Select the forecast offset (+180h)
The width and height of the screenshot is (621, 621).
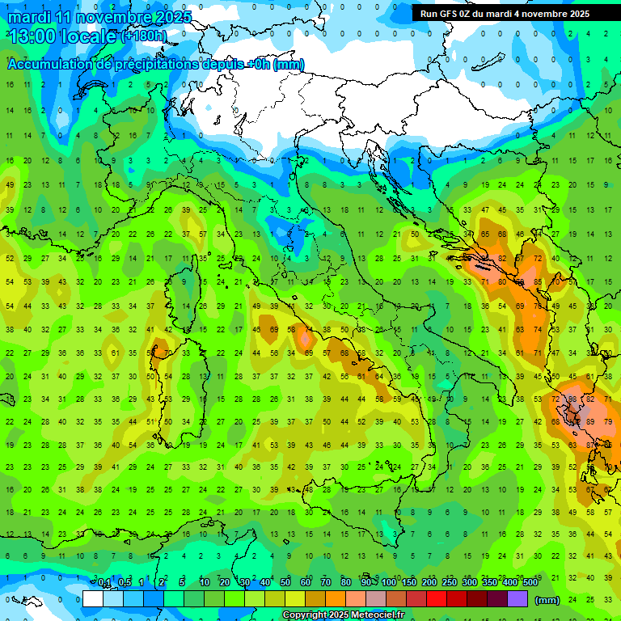[x=144, y=36]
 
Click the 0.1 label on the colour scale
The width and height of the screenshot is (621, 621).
[x=104, y=583]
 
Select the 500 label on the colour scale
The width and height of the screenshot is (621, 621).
[x=530, y=583]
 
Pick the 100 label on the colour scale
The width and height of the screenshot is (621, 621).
[x=389, y=583]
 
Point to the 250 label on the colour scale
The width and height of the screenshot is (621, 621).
[x=450, y=583]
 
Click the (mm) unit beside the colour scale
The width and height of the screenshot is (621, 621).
[x=547, y=600]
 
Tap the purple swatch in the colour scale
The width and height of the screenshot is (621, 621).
[x=517, y=599]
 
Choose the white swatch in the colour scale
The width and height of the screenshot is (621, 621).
[x=93, y=599]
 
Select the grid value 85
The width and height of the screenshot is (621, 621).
[x=538, y=282]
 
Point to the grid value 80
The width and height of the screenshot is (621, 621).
[x=502, y=282]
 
